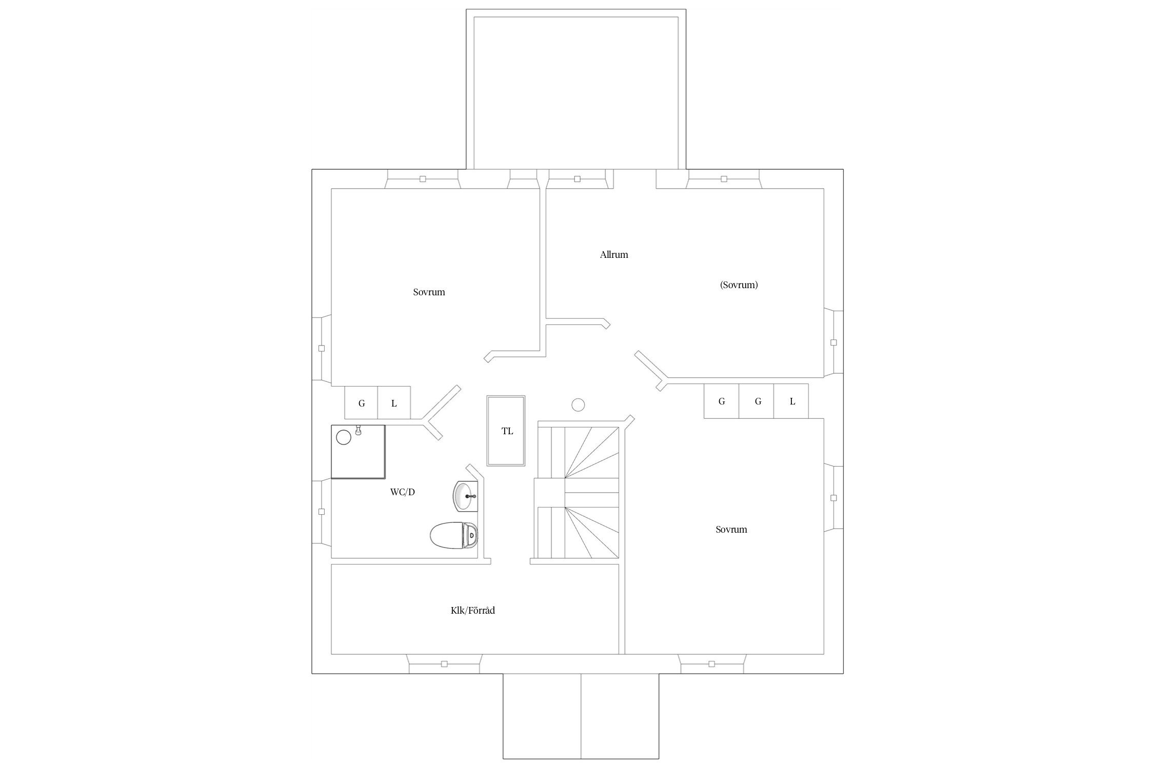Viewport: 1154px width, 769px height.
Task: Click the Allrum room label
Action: pyautogui.click(x=614, y=255)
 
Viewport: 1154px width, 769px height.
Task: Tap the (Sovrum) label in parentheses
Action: pyautogui.click(x=739, y=285)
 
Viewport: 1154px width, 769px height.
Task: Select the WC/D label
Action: pyautogui.click(x=403, y=492)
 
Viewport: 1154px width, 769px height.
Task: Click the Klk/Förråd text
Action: pyautogui.click(x=473, y=611)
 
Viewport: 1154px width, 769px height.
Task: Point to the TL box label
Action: pyautogui.click(x=507, y=431)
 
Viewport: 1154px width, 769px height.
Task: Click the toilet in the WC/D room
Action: pyautogui.click(x=454, y=535)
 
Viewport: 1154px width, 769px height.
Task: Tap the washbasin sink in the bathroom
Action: pyautogui.click(x=466, y=496)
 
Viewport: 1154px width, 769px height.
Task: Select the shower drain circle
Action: pyautogui.click(x=344, y=437)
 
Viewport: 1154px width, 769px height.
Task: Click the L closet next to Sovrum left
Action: pyautogui.click(x=394, y=402)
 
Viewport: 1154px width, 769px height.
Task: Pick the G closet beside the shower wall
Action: pyautogui.click(x=362, y=402)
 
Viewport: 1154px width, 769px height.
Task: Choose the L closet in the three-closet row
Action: pyautogui.click(x=792, y=401)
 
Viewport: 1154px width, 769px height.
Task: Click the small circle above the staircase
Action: pyautogui.click(x=578, y=405)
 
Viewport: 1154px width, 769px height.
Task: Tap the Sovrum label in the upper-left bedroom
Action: pyautogui.click(x=429, y=292)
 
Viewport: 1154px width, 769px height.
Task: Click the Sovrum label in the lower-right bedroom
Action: pyautogui.click(x=731, y=530)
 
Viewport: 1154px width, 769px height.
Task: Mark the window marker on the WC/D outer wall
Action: pyautogui.click(x=322, y=512)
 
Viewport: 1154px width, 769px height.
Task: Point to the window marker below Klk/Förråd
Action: pyautogui.click(x=445, y=664)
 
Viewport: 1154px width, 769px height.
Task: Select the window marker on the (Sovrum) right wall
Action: pyautogui.click(x=833, y=342)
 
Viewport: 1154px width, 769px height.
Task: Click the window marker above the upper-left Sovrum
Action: pyautogui.click(x=423, y=179)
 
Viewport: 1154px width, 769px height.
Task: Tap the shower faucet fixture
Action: pyautogui.click(x=359, y=430)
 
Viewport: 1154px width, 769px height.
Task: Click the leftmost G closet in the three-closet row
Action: pyautogui.click(x=722, y=401)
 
